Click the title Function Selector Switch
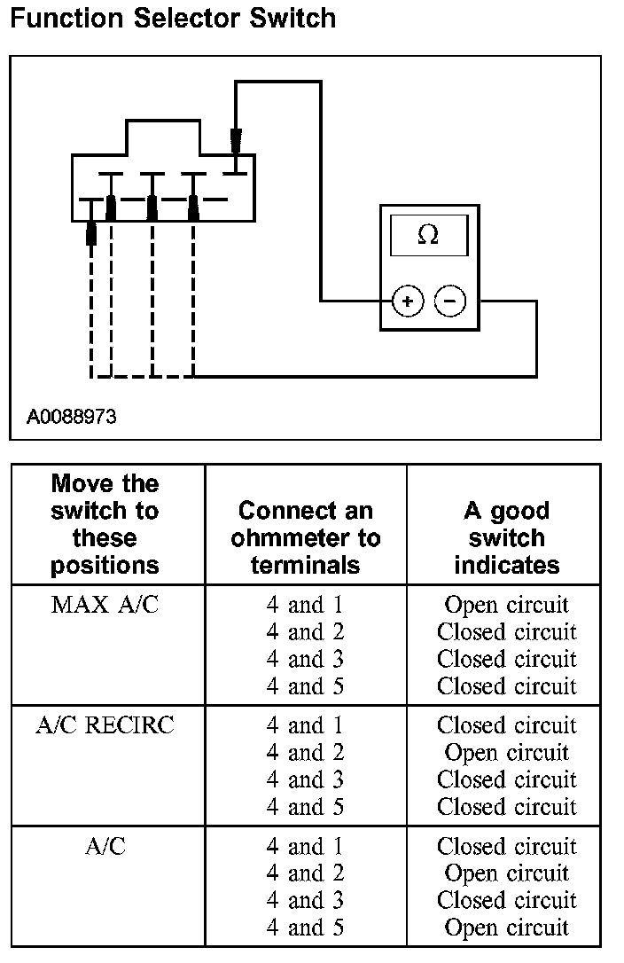point(173,18)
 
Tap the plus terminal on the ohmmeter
point(408,301)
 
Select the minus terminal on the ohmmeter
point(450,301)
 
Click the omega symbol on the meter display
point(428,234)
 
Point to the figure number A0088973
point(71,417)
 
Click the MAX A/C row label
point(105,605)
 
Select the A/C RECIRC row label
point(105,725)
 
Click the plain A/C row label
point(105,846)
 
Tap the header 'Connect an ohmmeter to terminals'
point(305,537)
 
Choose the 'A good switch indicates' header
point(507,537)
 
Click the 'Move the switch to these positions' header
point(105,524)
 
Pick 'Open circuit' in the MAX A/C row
point(507,605)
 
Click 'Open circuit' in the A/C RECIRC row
point(507,752)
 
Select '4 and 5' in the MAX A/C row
point(305,686)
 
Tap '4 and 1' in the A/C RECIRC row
point(305,725)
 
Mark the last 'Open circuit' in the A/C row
point(507,928)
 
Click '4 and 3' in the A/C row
point(305,900)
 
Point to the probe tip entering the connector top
point(235,141)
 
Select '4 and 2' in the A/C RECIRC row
point(305,752)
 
